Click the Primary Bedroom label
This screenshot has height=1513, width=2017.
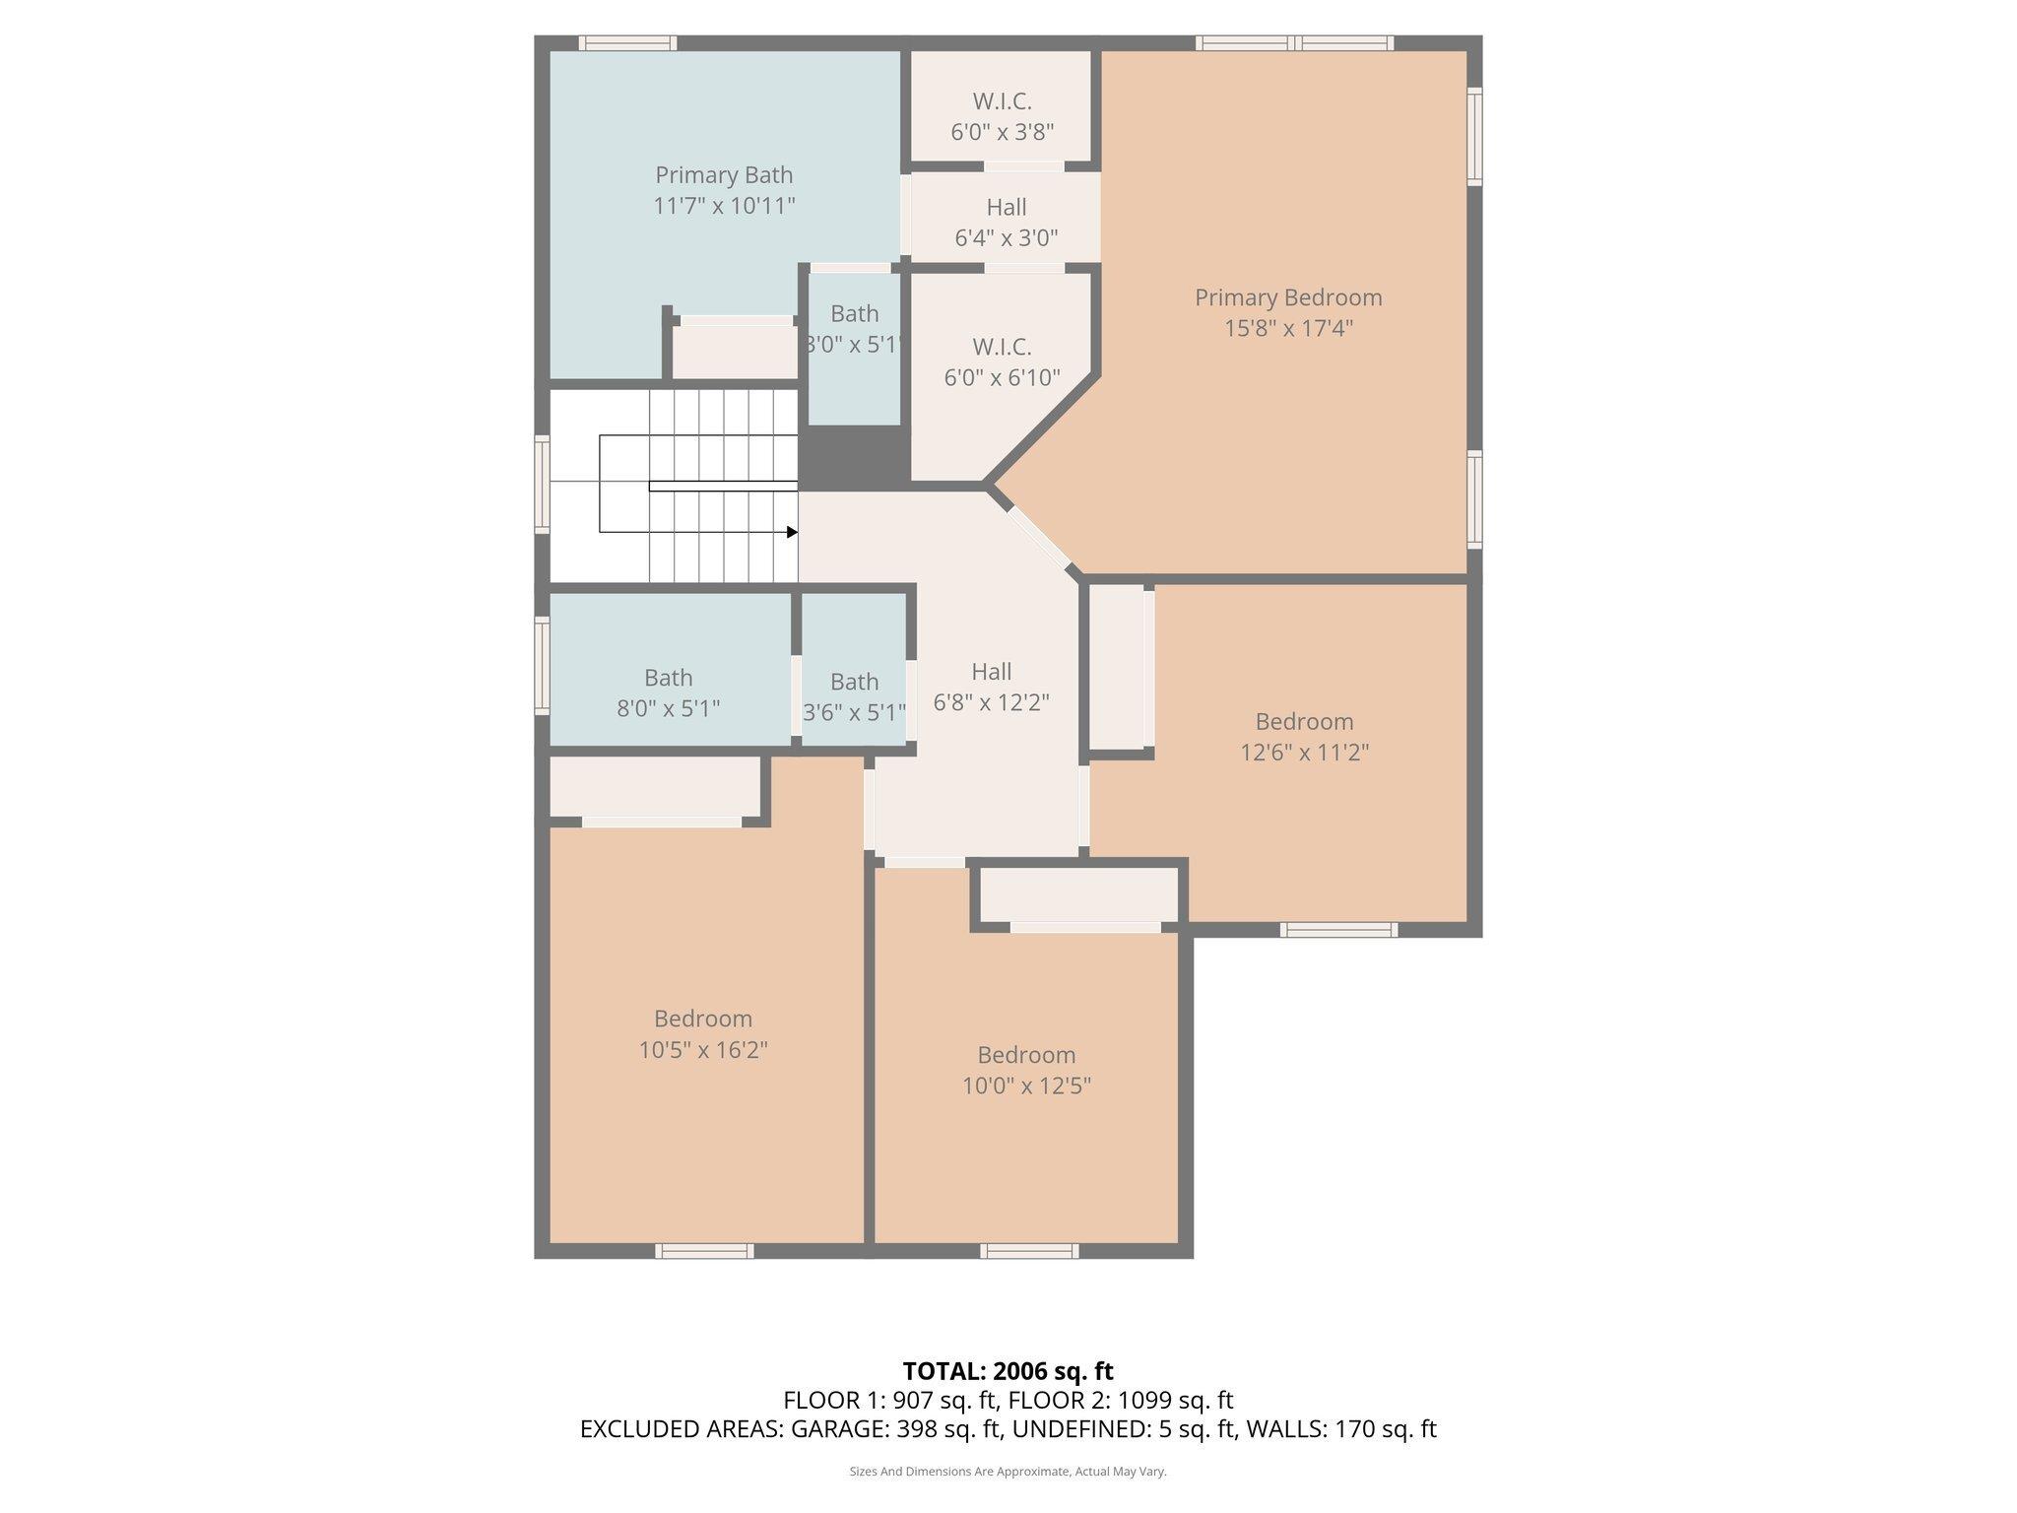coord(1288,297)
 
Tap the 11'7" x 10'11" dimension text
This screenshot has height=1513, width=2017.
coord(724,206)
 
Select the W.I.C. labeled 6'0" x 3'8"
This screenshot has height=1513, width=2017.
coord(1002,116)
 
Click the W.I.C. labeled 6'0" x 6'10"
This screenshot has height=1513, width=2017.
coord(1002,362)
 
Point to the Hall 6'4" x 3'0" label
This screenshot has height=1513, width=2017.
coord(1006,222)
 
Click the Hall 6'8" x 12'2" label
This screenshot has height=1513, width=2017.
coord(991,687)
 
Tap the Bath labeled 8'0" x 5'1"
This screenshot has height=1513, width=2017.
coord(668,692)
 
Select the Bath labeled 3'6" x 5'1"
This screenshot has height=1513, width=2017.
coord(854,696)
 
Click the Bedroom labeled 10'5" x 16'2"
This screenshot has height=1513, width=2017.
coord(703,1033)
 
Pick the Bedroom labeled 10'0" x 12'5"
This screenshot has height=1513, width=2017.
coord(1026,1070)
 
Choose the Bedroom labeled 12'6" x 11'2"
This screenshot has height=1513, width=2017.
coord(1304,736)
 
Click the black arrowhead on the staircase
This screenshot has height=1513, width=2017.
coord(792,532)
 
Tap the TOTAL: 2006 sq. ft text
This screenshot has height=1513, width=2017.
coord(1008,1371)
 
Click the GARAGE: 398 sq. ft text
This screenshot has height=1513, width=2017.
coord(896,1429)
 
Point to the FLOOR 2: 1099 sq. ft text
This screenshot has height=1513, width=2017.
coord(1121,1400)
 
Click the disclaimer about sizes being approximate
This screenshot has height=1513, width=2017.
coord(1008,1472)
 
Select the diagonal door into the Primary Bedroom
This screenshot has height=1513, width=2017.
coord(1039,538)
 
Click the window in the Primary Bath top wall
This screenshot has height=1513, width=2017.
coord(627,43)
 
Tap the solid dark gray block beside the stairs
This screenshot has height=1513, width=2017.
coord(853,458)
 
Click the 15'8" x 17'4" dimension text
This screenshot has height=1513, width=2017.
coord(1288,328)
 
